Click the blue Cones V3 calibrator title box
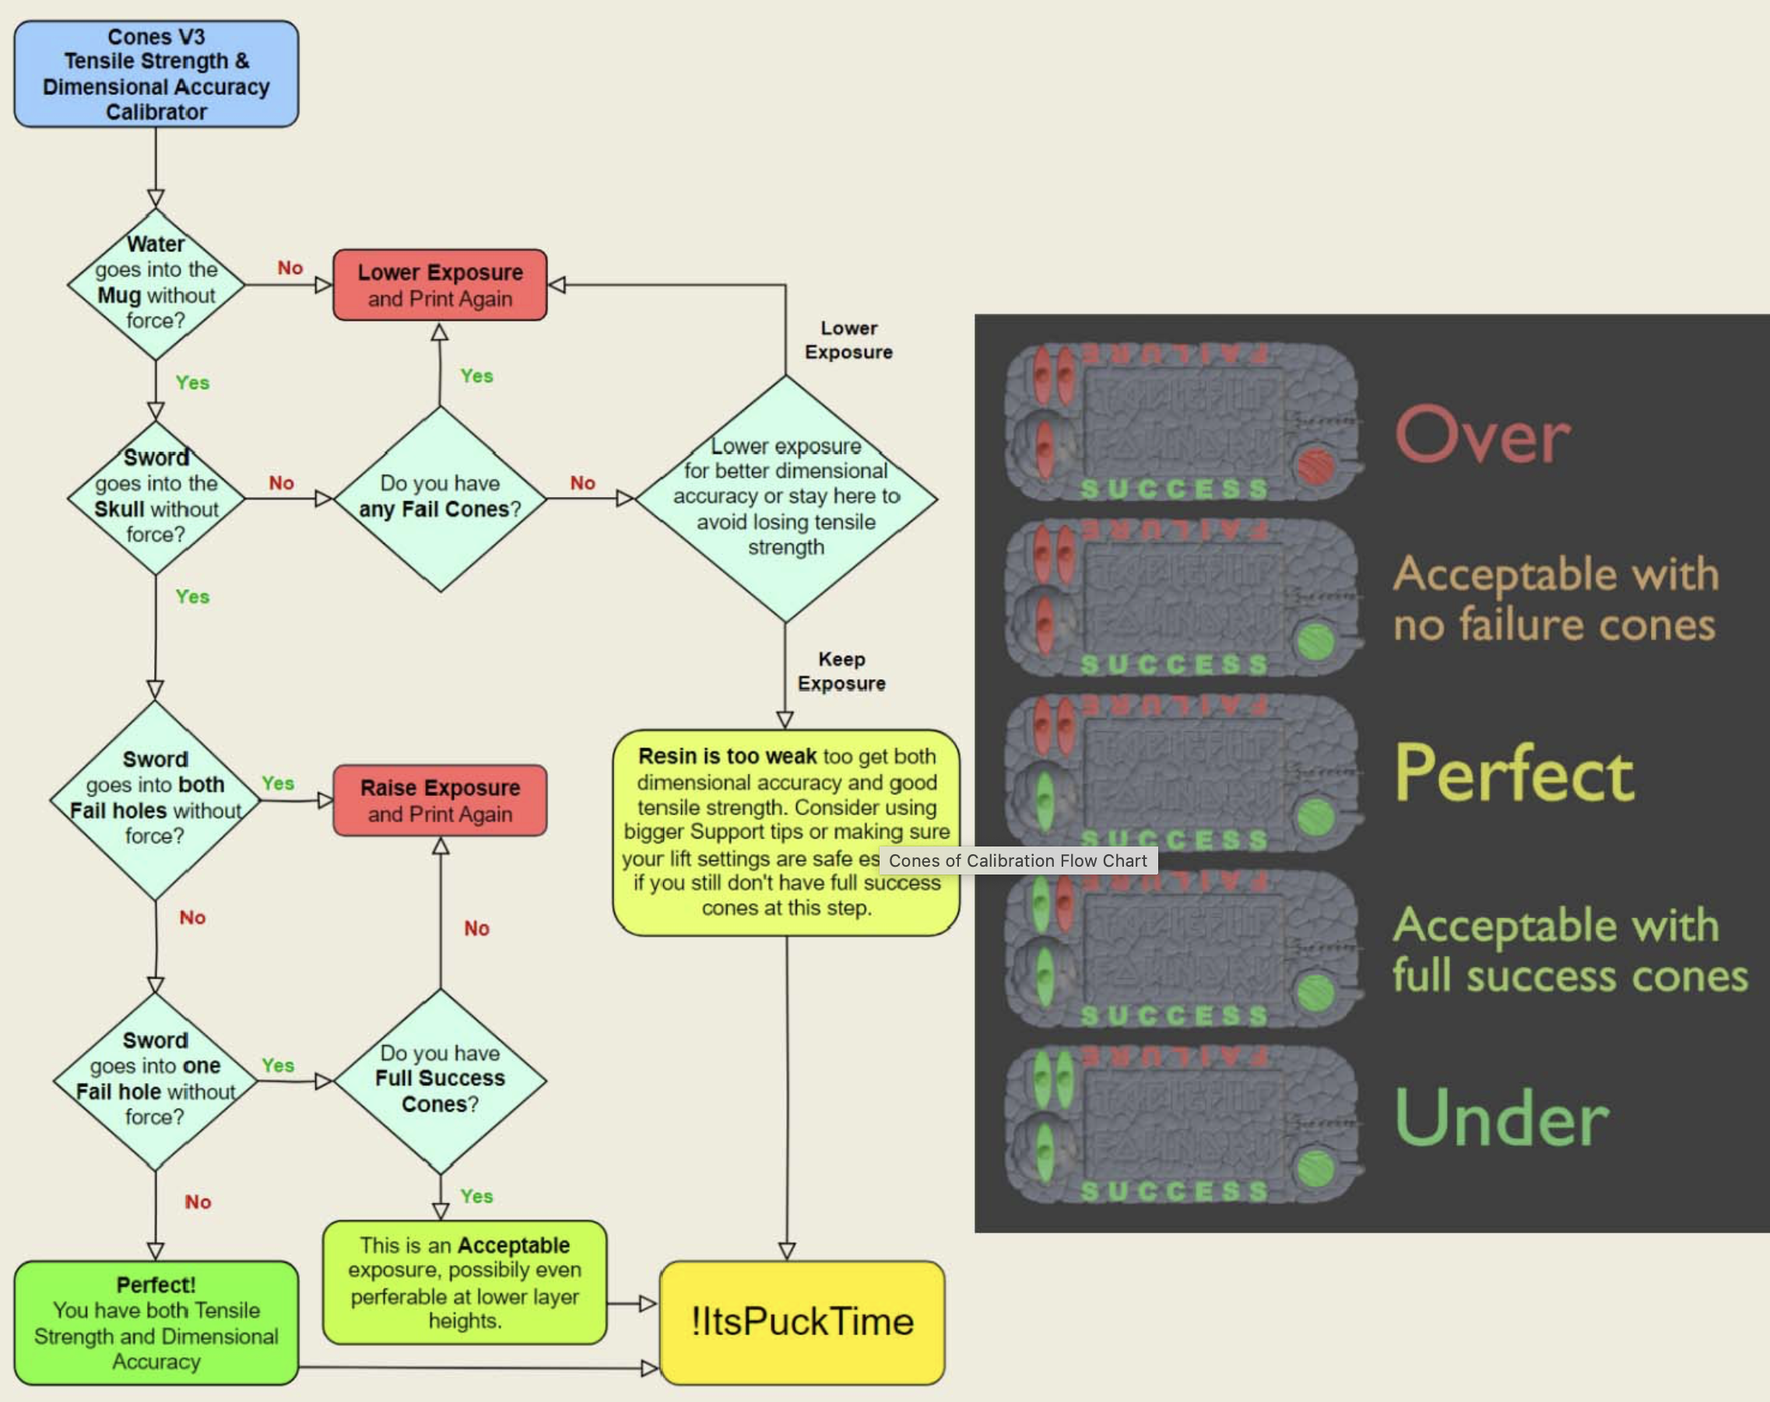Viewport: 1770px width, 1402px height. coord(156,74)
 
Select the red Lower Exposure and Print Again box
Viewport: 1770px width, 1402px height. coord(440,285)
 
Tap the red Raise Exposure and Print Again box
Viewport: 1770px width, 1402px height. coord(440,801)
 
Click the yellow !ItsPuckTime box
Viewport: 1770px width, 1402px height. coord(802,1322)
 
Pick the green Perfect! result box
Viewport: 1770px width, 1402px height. coord(156,1323)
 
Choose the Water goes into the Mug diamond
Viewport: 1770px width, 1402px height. coord(156,283)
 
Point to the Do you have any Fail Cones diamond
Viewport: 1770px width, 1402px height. coord(440,497)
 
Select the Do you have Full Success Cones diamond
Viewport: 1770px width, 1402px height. coord(440,1079)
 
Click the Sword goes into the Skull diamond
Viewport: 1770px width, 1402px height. coord(156,496)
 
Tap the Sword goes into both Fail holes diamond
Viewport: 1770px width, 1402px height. coord(155,797)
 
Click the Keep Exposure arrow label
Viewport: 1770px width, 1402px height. coord(841,671)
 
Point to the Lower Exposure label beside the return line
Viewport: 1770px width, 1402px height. coord(849,340)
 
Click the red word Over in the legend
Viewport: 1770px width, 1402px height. coord(1483,435)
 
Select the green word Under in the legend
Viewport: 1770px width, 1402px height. coord(1501,1118)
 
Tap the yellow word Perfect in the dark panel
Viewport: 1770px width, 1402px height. coord(1514,773)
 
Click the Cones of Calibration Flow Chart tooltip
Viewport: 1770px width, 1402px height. coord(1018,860)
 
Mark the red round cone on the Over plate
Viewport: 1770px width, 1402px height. coord(1316,466)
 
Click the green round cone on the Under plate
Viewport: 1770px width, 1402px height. coord(1316,1168)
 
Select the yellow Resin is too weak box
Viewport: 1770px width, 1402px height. coord(785,832)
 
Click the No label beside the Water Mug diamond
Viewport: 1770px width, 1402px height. coord(290,268)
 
